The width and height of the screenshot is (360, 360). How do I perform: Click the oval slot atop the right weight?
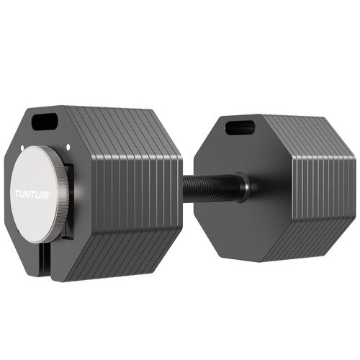click(240, 127)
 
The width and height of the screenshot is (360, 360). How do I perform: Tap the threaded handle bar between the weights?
click(209, 189)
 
